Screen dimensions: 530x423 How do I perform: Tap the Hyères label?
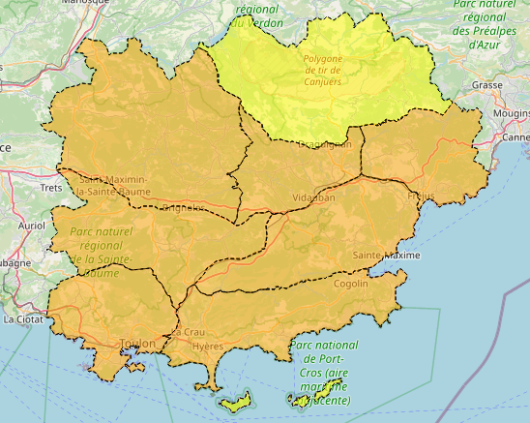(x=208, y=346)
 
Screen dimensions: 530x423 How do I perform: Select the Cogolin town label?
(x=351, y=284)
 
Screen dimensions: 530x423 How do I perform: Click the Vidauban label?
(x=313, y=197)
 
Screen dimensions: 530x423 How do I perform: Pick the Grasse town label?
(x=487, y=85)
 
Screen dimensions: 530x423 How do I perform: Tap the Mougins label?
(x=512, y=113)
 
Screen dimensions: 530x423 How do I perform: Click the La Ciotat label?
(x=22, y=317)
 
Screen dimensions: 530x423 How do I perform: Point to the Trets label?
(x=50, y=186)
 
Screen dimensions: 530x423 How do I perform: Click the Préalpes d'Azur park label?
(x=488, y=24)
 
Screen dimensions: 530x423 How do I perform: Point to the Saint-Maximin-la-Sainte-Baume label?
(x=113, y=185)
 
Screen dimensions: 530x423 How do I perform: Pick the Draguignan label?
(x=324, y=145)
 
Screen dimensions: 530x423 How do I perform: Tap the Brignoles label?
(x=184, y=208)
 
